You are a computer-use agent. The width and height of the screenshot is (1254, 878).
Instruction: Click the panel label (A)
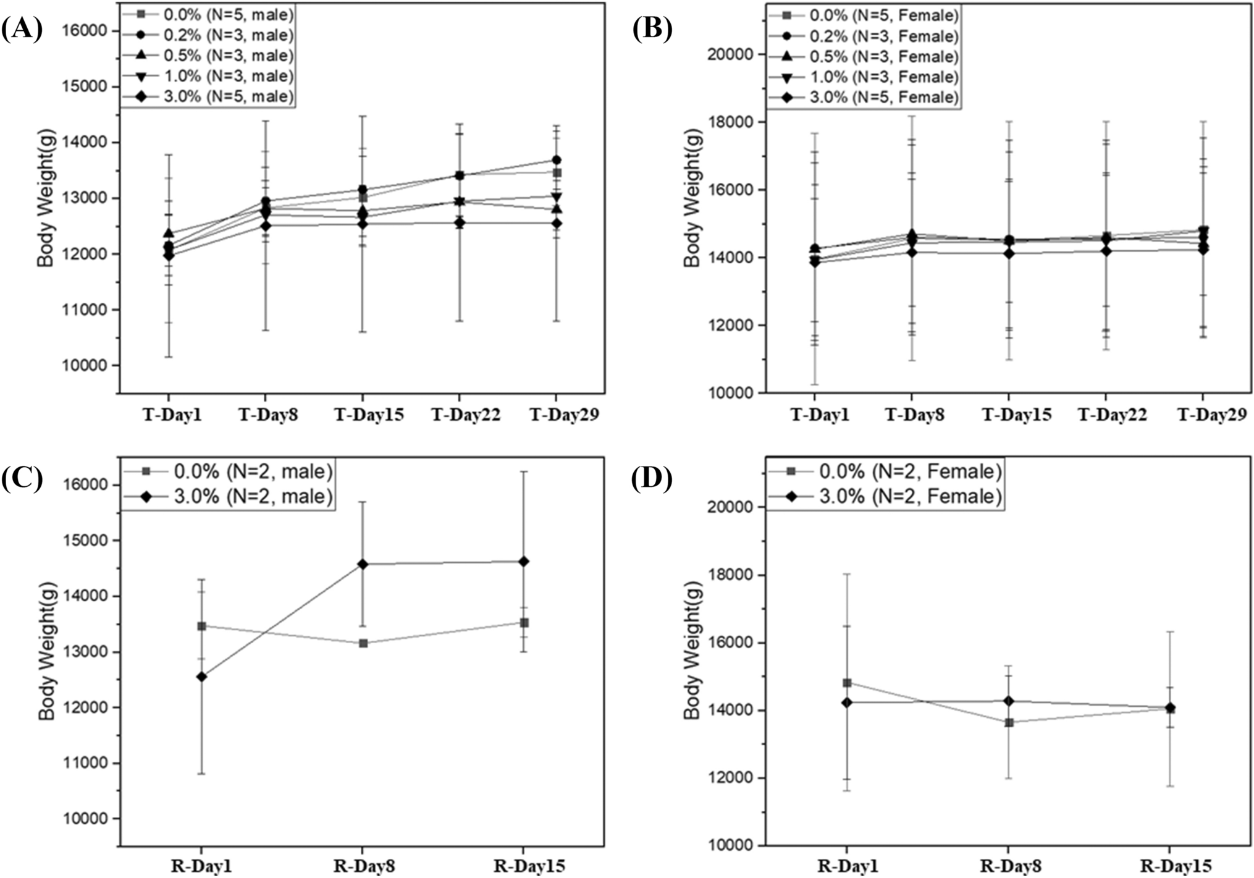point(22,29)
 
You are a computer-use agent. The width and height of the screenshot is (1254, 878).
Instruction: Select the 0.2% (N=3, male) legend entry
point(207,35)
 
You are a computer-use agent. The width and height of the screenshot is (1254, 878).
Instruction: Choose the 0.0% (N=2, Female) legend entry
point(885,471)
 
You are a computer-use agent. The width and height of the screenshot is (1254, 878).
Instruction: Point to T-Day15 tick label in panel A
point(369,415)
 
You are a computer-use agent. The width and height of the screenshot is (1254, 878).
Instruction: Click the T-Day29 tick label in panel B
point(1211,415)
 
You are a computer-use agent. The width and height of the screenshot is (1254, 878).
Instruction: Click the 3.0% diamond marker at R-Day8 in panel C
point(363,564)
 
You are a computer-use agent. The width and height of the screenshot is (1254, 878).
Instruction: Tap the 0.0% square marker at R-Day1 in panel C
point(201,626)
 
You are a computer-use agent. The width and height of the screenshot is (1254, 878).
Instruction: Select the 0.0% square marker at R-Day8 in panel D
point(1009,722)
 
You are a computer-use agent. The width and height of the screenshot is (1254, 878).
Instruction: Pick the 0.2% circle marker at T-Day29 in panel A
point(556,160)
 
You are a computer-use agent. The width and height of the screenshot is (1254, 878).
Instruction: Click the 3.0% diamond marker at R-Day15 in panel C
point(524,562)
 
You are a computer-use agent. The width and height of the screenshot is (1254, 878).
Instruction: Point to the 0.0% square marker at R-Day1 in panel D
point(847,683)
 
